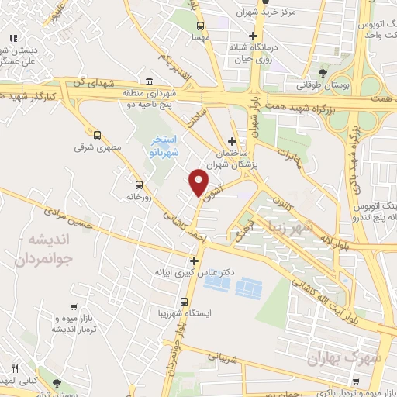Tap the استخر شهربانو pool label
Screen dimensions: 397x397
164,145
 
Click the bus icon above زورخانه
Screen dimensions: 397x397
139,185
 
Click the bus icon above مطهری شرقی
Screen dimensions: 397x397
97,133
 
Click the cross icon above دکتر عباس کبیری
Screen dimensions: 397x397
195,261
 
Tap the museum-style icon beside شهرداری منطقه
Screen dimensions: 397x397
149,82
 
